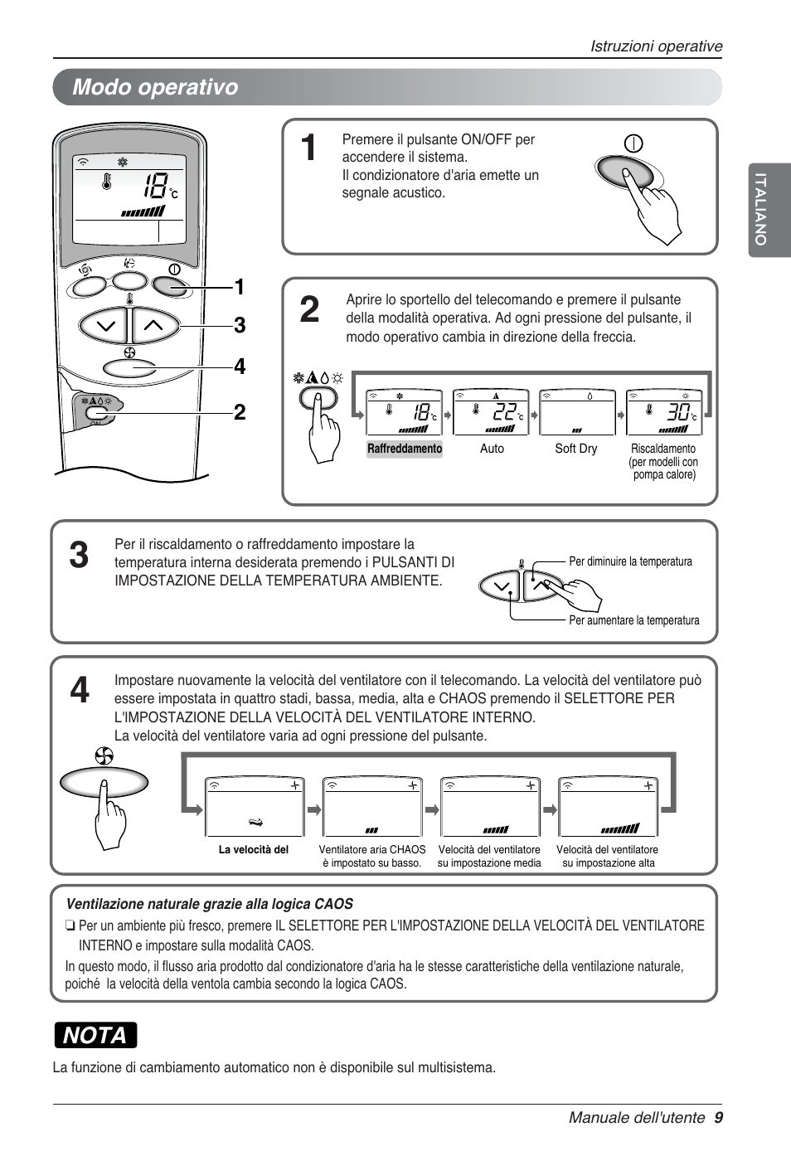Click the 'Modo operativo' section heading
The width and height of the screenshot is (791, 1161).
click(155, 87)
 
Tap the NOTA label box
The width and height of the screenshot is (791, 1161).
click(95, 1035)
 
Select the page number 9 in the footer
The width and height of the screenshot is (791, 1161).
click(718, 1117)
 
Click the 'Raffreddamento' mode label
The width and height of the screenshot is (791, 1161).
click(405, 449)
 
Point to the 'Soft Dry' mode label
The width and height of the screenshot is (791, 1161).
click(575, 449)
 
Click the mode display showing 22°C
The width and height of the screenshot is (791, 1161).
click(491, 412)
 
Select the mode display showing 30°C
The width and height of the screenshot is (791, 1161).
click(664, 412)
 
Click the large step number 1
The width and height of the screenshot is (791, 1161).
click(308, 148)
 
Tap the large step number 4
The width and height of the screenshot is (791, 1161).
click(80, 690)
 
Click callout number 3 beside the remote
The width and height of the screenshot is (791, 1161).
click(240, 325)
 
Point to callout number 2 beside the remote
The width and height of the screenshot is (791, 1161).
click(240, 412)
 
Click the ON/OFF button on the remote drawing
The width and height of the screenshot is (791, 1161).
click(171, 286)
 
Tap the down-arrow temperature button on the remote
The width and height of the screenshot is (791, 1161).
click(104, 326)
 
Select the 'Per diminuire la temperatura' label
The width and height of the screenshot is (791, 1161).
click(630, 561)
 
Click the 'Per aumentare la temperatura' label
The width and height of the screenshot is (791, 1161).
click(633, 620)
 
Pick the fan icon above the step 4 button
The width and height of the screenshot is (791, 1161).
click(104, 755)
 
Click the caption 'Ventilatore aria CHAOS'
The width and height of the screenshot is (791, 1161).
click(371, 850)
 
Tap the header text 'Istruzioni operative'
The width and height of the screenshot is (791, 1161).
click(656, 46)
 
